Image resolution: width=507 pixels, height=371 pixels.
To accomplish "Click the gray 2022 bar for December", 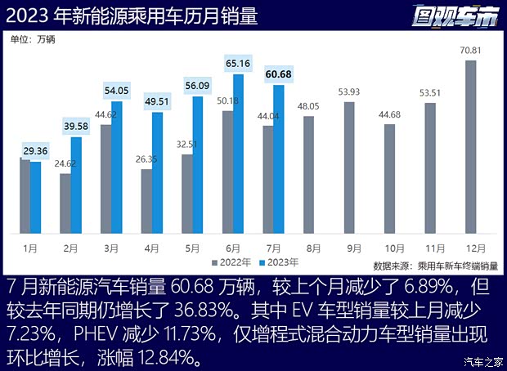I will tap(471, 146).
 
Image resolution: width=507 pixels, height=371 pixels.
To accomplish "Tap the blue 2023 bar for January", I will tap(35, 197).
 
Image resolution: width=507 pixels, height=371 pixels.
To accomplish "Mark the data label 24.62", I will tap(65, 163).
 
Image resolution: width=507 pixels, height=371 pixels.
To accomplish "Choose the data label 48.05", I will tap(308, 106).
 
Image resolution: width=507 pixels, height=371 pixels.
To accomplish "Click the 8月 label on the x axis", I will tap(308, 244).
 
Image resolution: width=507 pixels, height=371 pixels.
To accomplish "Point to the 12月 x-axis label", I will tap(471, 244).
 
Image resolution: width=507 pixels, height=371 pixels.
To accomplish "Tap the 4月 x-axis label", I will tap(146, 244).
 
